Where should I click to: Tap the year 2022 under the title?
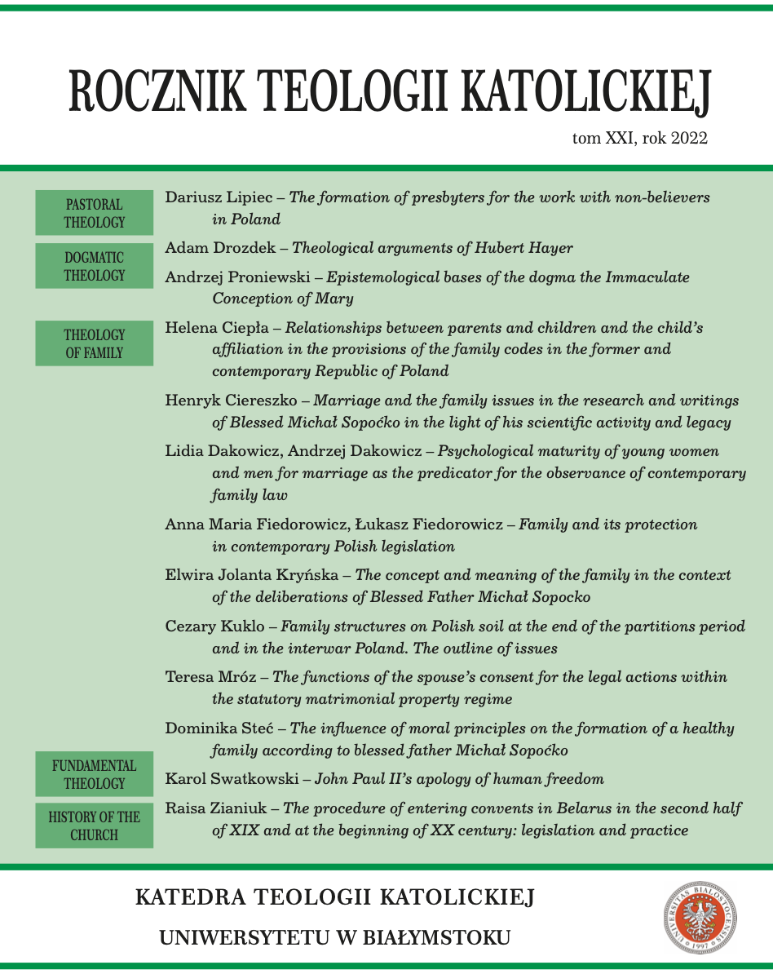(x=690, y=139)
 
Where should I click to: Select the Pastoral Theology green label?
(x=94, y=213)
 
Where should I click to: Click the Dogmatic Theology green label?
(x=94, y=266)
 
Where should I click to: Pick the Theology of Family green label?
(x=94, y=343)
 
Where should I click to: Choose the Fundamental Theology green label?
(x=94, y=774)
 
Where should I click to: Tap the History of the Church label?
(x=94, y=826)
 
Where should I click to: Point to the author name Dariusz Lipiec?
(x=214, y=197)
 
